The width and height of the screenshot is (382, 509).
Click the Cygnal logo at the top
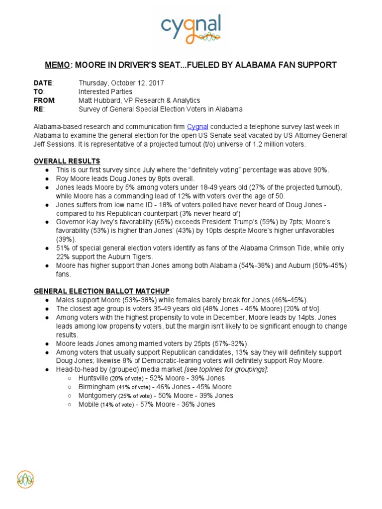[x=191, y=29]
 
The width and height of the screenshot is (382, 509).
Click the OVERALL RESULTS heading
[x=67, y=161]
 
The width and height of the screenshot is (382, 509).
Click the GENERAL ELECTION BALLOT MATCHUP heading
[x=101, y=291]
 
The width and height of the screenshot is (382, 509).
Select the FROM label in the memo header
[x=44, y=100]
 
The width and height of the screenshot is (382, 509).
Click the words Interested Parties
[x=105, y=92]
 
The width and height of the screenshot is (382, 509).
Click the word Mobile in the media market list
[x=89, y=405]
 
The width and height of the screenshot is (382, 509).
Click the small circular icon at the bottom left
[x=25, y=479]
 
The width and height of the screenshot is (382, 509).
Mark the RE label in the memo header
[x=39, y=109]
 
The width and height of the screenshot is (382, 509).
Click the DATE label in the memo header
[x=43, y=83]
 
